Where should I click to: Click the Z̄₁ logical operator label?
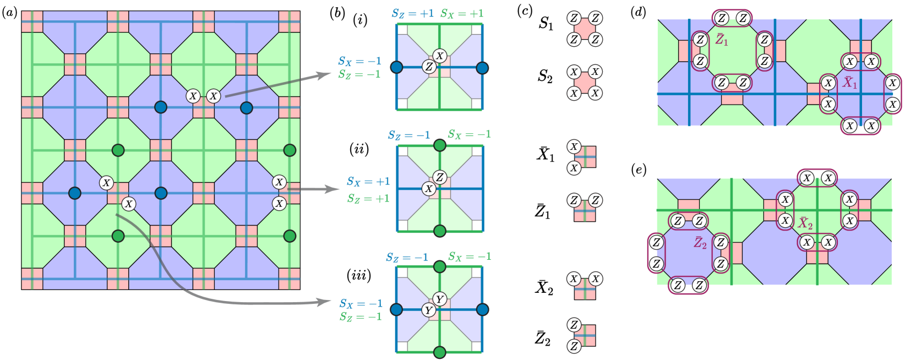721,40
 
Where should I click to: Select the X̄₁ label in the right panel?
849,83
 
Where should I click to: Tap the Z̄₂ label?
700,243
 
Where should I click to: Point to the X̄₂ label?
805,223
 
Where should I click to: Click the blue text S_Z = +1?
413,14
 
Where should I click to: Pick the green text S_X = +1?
462,14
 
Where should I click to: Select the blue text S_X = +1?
368,182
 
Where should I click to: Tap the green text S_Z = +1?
368,198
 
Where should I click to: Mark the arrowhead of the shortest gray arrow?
335,189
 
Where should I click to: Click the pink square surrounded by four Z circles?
585,29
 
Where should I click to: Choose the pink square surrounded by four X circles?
585,83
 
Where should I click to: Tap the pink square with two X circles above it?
585,290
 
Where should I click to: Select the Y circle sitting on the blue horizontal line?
428,310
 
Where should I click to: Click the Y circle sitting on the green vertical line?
439,299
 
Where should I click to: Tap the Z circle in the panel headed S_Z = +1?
429,67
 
